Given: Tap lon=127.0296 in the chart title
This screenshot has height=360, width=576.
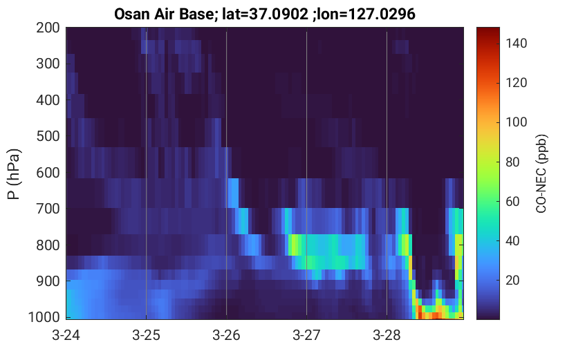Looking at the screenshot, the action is point(366,15).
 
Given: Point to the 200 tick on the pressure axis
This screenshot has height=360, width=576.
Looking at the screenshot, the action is point(48,28).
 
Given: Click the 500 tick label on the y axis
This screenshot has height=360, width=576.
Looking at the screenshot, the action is point(48,136).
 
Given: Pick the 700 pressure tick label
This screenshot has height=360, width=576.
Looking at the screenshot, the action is point(48,209).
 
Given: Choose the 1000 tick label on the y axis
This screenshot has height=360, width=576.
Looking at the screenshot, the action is point(44,317).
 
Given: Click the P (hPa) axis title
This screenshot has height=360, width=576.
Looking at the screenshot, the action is point(14,174).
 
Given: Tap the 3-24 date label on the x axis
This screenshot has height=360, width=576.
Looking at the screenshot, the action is point(66,335).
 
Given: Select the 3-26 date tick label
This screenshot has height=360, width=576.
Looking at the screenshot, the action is point(226,335).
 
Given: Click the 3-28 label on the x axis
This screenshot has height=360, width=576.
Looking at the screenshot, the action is point(387,335).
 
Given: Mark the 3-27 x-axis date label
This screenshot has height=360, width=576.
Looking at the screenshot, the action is point(306,335).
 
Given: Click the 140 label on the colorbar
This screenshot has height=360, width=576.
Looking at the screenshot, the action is point(516,44).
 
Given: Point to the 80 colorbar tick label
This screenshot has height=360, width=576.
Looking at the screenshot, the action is point(512,162).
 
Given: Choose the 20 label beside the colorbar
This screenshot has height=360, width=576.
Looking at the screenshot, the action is point(512,281).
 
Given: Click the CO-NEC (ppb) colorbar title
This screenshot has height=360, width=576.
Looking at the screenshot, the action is point(541,173).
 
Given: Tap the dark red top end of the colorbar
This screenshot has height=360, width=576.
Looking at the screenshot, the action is point(488,29).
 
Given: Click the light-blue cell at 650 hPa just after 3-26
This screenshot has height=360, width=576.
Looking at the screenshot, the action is point(233,193).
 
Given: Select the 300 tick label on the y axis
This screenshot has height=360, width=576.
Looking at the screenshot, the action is point(48,64).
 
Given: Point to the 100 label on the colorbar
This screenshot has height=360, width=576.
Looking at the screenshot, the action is point(516,122).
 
